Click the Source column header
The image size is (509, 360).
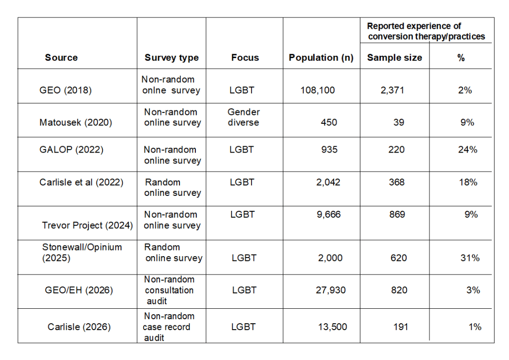(x=61, y=58)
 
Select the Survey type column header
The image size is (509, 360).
(x=171, y=58)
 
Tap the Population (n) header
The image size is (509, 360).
(x=321, y=58)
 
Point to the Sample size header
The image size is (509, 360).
(x=394, y=58)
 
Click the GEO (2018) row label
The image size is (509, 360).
(x=66, y=90)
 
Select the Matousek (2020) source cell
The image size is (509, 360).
(x=76, y=122)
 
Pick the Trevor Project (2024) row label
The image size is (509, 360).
(x=87, y=225)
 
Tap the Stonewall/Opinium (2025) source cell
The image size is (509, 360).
(x=82, y=253)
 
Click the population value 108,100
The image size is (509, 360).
(x=318, y=90)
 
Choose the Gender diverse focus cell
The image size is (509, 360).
(x=244, y=117)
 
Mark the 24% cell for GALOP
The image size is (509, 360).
(x=467, y=150)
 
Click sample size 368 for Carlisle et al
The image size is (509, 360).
(x=397, y=182)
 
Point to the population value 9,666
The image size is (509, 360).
(x=329, y=215)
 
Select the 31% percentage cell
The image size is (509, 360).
(x=470, y=258)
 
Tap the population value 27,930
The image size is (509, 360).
(x=331, y=290)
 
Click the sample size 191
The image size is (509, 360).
(x=401, y=327)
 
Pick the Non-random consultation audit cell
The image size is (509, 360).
(x=169, y=290)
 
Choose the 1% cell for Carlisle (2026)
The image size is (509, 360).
(x=475, y=327)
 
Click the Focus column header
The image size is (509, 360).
(x=245, y=58)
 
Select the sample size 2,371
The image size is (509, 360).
(x=392, y=90)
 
